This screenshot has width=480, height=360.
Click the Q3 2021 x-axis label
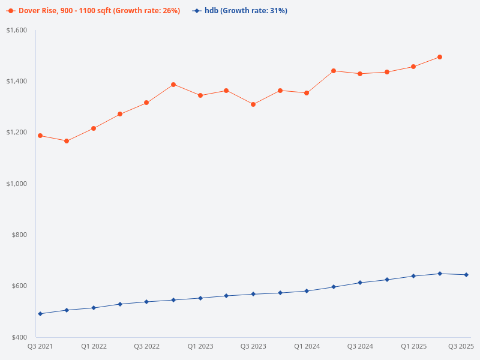click(40, 347)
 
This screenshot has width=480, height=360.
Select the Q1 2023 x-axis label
click(200, 347)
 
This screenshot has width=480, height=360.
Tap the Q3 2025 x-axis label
click(461, 347)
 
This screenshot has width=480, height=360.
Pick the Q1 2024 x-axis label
click(307, 347)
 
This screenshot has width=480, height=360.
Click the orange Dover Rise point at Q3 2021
click(40, 136)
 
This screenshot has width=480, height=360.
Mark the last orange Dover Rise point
click(440, 57)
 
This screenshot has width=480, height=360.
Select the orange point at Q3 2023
click(253, 104)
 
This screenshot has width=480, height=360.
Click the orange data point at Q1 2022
click(94, 128)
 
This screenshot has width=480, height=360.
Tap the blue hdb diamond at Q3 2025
click(466, 275)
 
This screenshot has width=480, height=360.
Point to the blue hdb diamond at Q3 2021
click(40, 314)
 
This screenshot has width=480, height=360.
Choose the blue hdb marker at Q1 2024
click(307, 291)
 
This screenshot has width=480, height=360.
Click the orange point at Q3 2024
click(360, 74)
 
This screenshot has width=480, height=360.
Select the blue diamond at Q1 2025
click(413, 276)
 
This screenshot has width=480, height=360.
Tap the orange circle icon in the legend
click(11, 11)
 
